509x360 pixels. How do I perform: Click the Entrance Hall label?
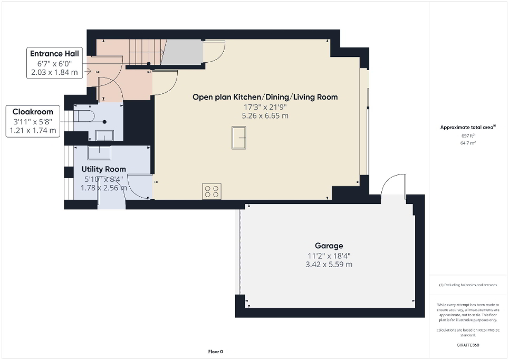click(x=54, y=54)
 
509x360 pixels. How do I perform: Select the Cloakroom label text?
click(x=33, y=112)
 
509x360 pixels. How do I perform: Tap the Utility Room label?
click(x=103, y=169)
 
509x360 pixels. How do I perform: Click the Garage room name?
click(x=329, y=246)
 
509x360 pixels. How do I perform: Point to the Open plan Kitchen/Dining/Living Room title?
click(x=265, y=97)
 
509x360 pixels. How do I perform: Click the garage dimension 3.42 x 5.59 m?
click(x=329, y=265)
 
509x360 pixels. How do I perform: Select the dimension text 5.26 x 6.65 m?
click(x=265, y=116)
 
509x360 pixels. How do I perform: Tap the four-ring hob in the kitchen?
click(x=212, y=191)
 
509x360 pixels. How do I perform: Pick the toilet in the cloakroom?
click(x=85, y=115)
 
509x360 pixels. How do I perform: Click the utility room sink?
click(x=99, y=152)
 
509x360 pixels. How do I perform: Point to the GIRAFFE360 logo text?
click(x=468, y=345)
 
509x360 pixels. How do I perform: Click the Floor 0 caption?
click(x=216, y=352)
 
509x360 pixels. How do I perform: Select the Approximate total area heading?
click(x=467, y=128)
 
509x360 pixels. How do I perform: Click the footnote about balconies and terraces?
click(x=468, y=285)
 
